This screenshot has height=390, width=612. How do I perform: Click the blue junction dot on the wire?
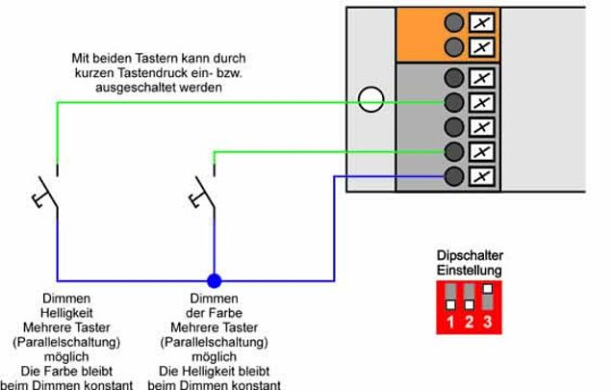pos(215,281)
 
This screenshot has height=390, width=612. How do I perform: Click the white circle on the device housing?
pos(370,99)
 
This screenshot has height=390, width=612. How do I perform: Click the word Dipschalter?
pos(471,256)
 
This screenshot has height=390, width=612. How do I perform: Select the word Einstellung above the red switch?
pos(471,271)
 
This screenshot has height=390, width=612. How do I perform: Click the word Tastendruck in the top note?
pos(171,73)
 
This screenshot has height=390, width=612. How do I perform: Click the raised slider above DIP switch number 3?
pos(488,288)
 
